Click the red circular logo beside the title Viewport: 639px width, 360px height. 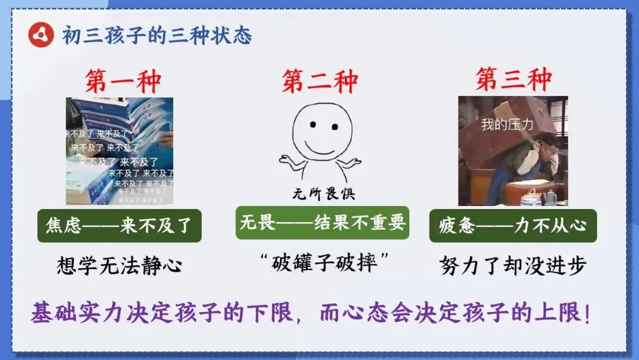tap(40, 36)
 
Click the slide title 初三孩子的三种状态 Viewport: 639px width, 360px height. tap(157, 36)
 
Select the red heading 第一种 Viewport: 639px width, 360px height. tap(122, 81)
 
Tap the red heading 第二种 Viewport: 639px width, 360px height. tap(319, 81)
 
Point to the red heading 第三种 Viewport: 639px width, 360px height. tap(514, 79)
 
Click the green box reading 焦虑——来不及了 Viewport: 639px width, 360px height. tap(120, 226)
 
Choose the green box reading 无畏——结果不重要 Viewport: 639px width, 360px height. tap(322, 223)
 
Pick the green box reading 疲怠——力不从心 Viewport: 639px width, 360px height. tap(512, 226)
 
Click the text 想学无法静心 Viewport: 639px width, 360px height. tap(119, 265)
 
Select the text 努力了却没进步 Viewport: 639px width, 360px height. tap(512, 265)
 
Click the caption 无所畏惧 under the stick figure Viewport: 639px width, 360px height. tap(323, 194)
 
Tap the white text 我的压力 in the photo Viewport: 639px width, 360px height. tap(507, 125)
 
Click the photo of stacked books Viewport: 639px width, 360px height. tap(120, 151)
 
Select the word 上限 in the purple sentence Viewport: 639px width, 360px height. tap(563, 312)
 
